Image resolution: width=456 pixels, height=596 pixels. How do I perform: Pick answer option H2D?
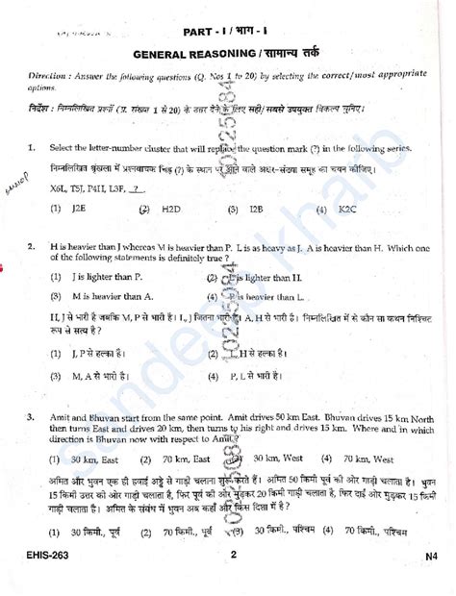(172, 207)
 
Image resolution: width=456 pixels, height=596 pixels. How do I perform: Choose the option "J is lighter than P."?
(111, 277)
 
